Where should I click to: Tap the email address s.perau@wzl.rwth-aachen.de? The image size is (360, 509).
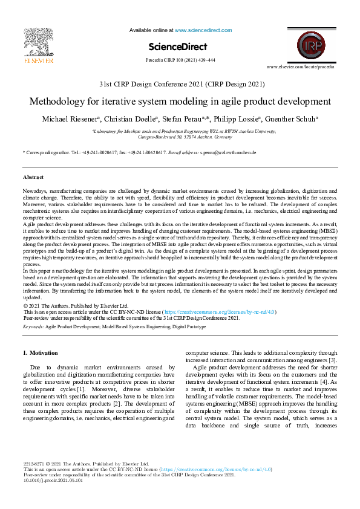pos(228,152)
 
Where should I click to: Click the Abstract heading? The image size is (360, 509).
pos(33,177)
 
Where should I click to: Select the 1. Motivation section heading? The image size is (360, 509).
pos(41,352)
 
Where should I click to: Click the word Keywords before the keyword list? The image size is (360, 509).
pos(33,326)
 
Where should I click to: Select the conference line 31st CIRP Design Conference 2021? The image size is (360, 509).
pos(180,84)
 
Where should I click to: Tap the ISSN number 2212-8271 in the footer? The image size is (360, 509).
pos(34,463)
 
